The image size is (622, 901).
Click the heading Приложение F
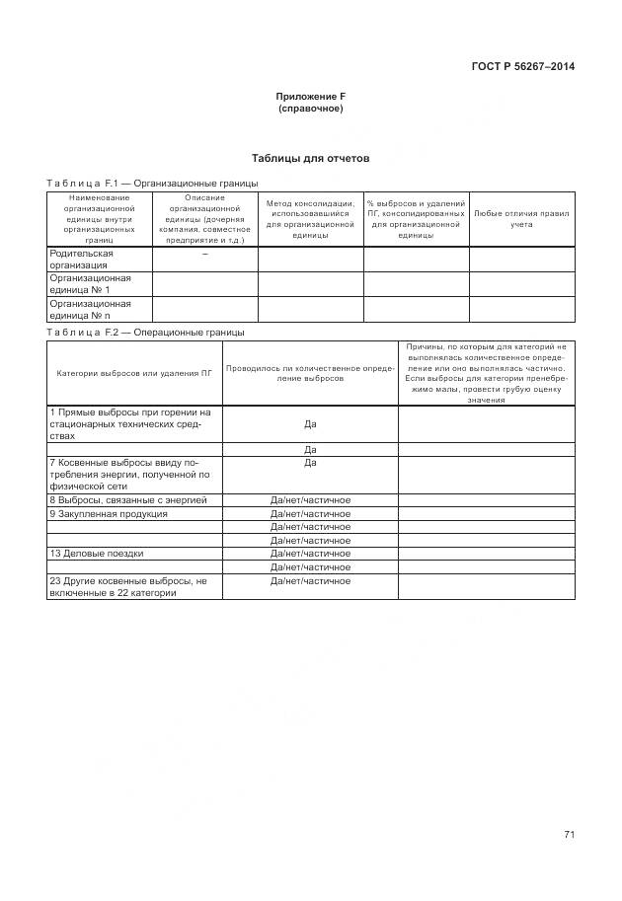(x=310, y=96)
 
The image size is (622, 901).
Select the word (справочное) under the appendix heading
(x=310, y=108)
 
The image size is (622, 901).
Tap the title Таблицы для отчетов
(x=310, y=158)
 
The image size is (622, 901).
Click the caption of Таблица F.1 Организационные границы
(x=152, y=184)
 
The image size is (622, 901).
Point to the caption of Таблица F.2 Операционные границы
(x=146, y=333)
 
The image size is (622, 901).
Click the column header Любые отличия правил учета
(x=521, y=218)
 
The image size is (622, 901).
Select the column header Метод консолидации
(x=310, y=218)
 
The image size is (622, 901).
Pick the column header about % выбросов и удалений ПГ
(x=416, y=218)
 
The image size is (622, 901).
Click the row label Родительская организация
(x=82, y=260)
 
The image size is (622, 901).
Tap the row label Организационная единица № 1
(x=90, y=284)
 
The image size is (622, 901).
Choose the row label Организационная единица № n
(x=90, y=309)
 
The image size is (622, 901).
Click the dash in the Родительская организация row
(x=204, y=255)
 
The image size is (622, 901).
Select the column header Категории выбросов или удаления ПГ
(x=135, y=373)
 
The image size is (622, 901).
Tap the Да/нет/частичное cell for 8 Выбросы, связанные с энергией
(x=310, y=500)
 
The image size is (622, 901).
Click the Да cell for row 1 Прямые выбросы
(x=310, y=423)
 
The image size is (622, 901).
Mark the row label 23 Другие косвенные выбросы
(x=127, y=586)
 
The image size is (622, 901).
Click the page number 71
(x=569, y=835)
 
